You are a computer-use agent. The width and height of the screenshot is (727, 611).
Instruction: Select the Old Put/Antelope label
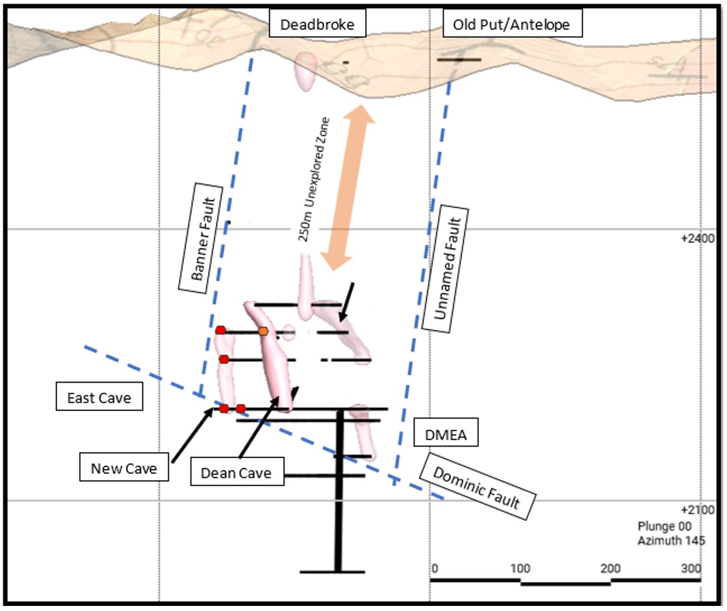(511, 25)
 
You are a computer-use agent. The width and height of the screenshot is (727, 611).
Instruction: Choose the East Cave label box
(99, 398)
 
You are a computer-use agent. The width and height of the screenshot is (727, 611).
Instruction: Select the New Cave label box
(124, 469)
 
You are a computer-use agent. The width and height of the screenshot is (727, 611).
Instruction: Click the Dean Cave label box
(236, 473)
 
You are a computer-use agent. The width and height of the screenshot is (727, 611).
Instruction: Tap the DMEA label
(445, 435)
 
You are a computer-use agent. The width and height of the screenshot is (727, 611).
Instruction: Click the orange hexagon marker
(263, 331)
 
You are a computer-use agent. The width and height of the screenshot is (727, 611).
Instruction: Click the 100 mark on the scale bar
(521, 568)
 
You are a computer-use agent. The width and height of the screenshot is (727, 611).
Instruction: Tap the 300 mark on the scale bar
(690, 568)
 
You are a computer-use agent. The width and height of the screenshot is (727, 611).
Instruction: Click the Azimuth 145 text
(671, 541)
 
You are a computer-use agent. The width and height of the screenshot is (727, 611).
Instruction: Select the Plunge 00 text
(664, 527)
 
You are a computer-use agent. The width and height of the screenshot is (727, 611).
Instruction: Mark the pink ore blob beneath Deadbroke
(306, 70)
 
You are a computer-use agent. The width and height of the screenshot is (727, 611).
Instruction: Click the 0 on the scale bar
(434, 568)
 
